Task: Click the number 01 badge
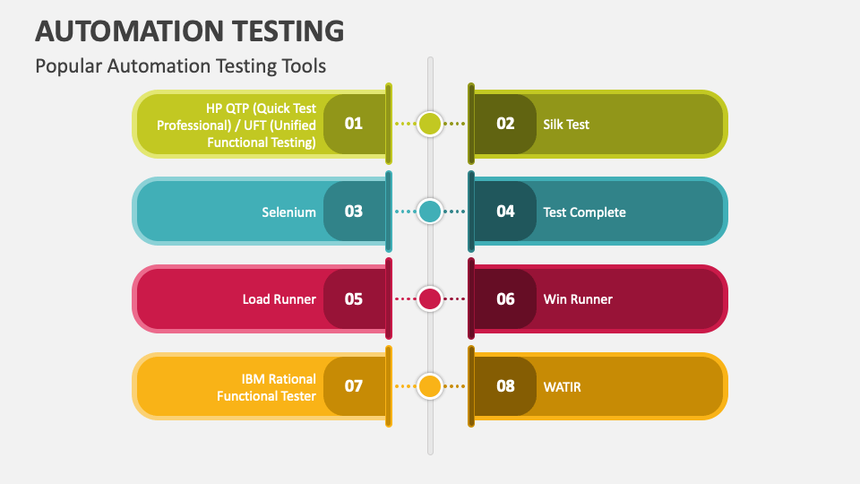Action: (355, 124)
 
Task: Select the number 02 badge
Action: (505, 124)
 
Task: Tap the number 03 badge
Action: (355, 212)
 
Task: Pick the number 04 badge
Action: (505, 212)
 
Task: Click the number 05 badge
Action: (355, 299)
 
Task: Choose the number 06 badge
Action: (505, 299)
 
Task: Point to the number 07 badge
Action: (355, 386)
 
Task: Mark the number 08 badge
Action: (505, 386)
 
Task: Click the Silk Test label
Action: (566, 125)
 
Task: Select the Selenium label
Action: (288, 212)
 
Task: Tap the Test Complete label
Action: (584, 212)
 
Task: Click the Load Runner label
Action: (279, 299)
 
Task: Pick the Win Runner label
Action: (578, 299)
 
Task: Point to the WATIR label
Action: (562, 387)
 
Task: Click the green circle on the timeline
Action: (430, 124)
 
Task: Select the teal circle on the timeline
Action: (430, 212)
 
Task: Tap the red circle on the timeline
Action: (430, 299)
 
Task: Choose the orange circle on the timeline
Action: (430, 386)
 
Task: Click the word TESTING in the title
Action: (288, 30)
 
